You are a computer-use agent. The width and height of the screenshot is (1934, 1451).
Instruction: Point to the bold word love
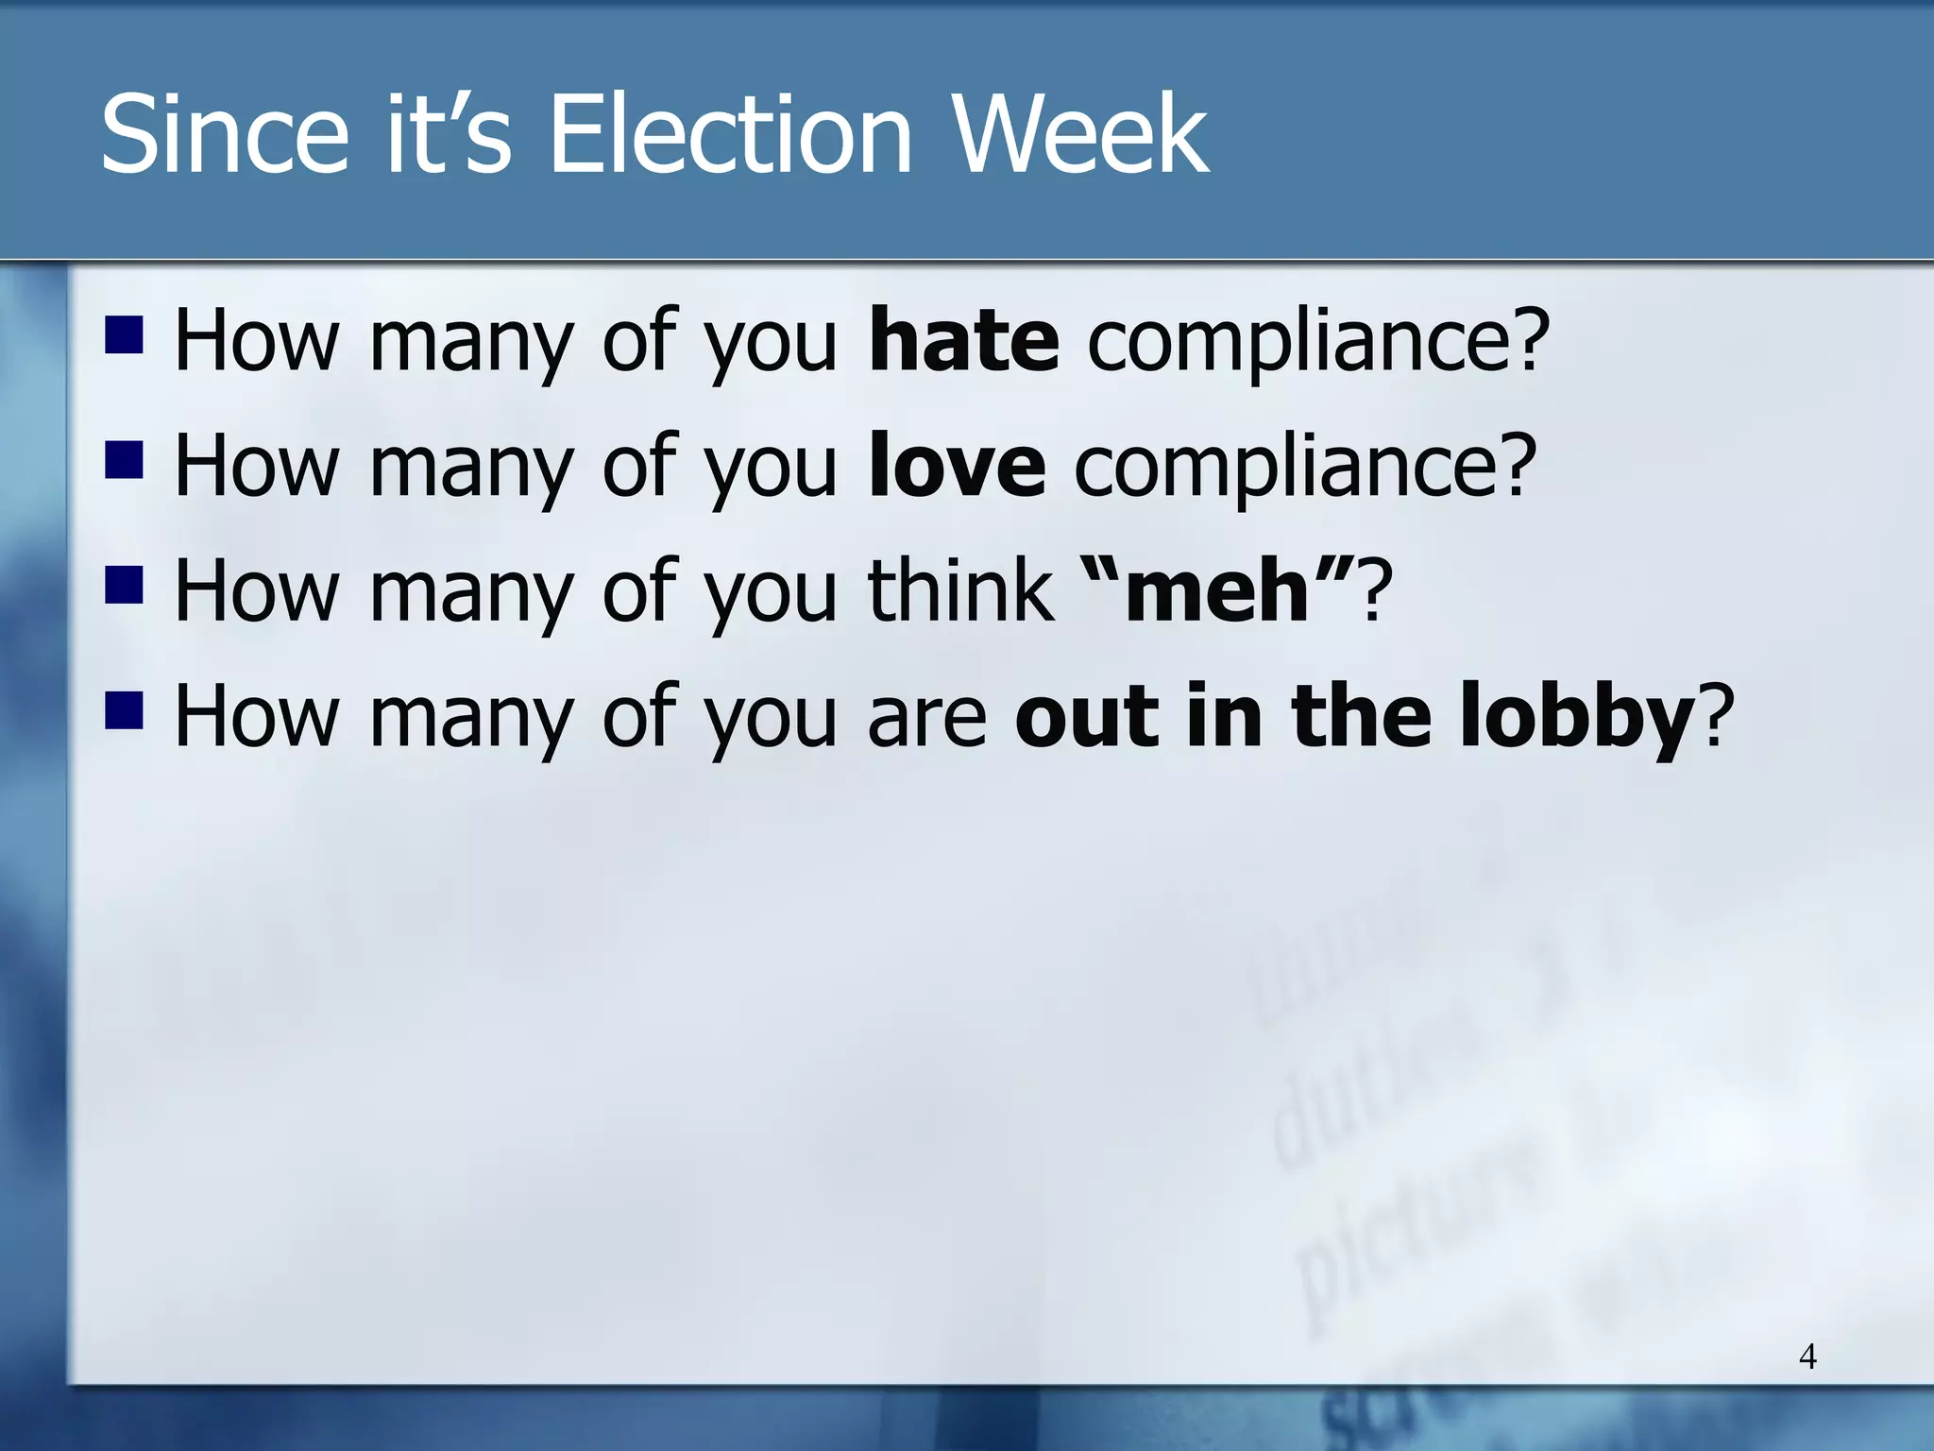(x=957, y=466)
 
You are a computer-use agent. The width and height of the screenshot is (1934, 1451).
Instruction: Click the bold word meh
(x=1217, y=592)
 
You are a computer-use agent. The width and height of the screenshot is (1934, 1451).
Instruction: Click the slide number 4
(x=1807, y=1357)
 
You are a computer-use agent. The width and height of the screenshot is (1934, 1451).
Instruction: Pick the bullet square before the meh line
(x=124, y=586)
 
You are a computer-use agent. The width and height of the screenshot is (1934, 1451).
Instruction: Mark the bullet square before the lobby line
(x=124, y=711)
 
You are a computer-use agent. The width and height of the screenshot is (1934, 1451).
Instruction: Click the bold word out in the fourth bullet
(x=1086, y=718)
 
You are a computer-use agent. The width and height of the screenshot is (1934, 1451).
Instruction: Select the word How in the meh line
(x=256, y=592)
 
